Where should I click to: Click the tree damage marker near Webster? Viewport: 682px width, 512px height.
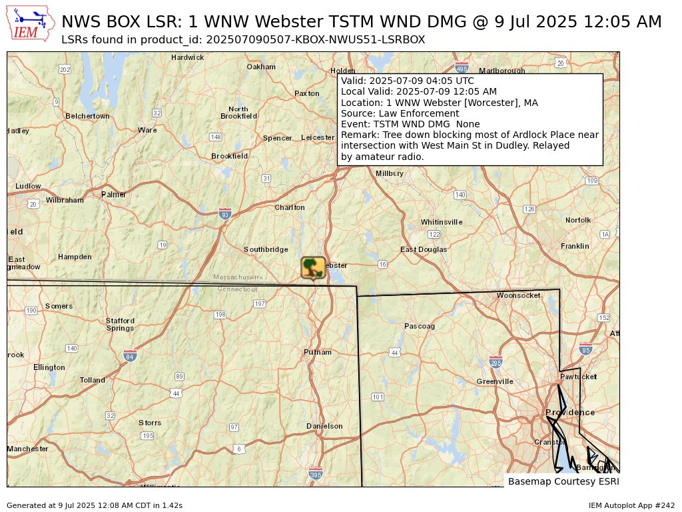313,268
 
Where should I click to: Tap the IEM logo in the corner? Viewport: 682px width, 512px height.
31,24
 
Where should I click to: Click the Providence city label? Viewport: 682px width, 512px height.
570,413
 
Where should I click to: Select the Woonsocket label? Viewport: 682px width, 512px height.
519,295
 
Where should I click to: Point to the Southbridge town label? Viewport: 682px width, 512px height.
266,249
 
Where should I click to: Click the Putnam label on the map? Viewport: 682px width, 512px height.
318,352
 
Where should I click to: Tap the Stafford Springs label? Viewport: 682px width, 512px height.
120,324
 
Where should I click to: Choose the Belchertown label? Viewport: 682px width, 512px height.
87,116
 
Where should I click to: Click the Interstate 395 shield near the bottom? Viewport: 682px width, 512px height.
316,474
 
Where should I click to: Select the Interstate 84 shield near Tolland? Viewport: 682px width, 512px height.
130,356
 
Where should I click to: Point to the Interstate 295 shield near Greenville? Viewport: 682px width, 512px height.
495,362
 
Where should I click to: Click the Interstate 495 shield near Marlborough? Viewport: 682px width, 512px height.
461,68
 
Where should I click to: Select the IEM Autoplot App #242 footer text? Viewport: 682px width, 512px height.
631,505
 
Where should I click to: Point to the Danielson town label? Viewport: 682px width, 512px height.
324,426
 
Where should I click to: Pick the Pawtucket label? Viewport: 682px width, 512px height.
579,377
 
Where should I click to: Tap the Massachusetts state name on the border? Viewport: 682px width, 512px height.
238,277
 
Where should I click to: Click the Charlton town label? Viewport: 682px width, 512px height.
290,207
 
